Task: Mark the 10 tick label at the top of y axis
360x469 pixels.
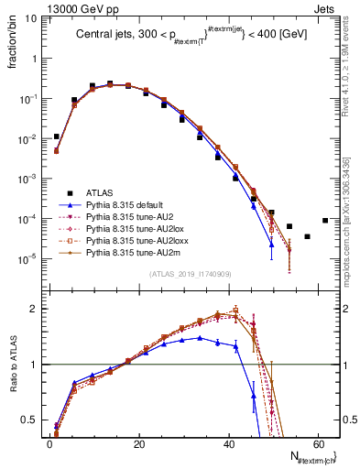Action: [x=32, y=17]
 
